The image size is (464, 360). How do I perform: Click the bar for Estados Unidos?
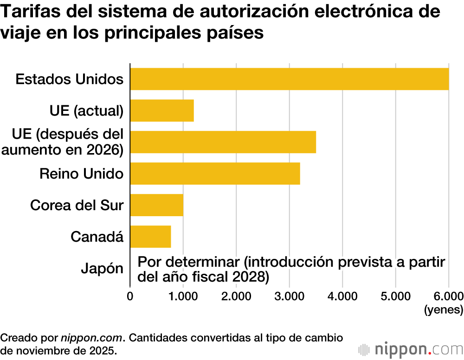tap(290, 79)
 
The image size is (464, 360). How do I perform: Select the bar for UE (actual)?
tap(162, 110)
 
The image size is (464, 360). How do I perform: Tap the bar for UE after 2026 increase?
tap(223, 142)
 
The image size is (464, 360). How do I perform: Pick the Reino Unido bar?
tap(215, 174)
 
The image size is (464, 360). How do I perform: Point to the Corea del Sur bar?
tap(157, 205)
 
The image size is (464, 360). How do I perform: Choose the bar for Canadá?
tap(151, 237)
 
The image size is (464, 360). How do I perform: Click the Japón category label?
tap(102, 269)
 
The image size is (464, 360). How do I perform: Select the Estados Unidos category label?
tap(70, 79)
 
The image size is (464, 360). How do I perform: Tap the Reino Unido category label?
tap(81, 174)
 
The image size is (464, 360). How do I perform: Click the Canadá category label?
tap(97, 237)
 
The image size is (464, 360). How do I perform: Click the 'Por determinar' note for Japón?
tap(291, 269)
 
